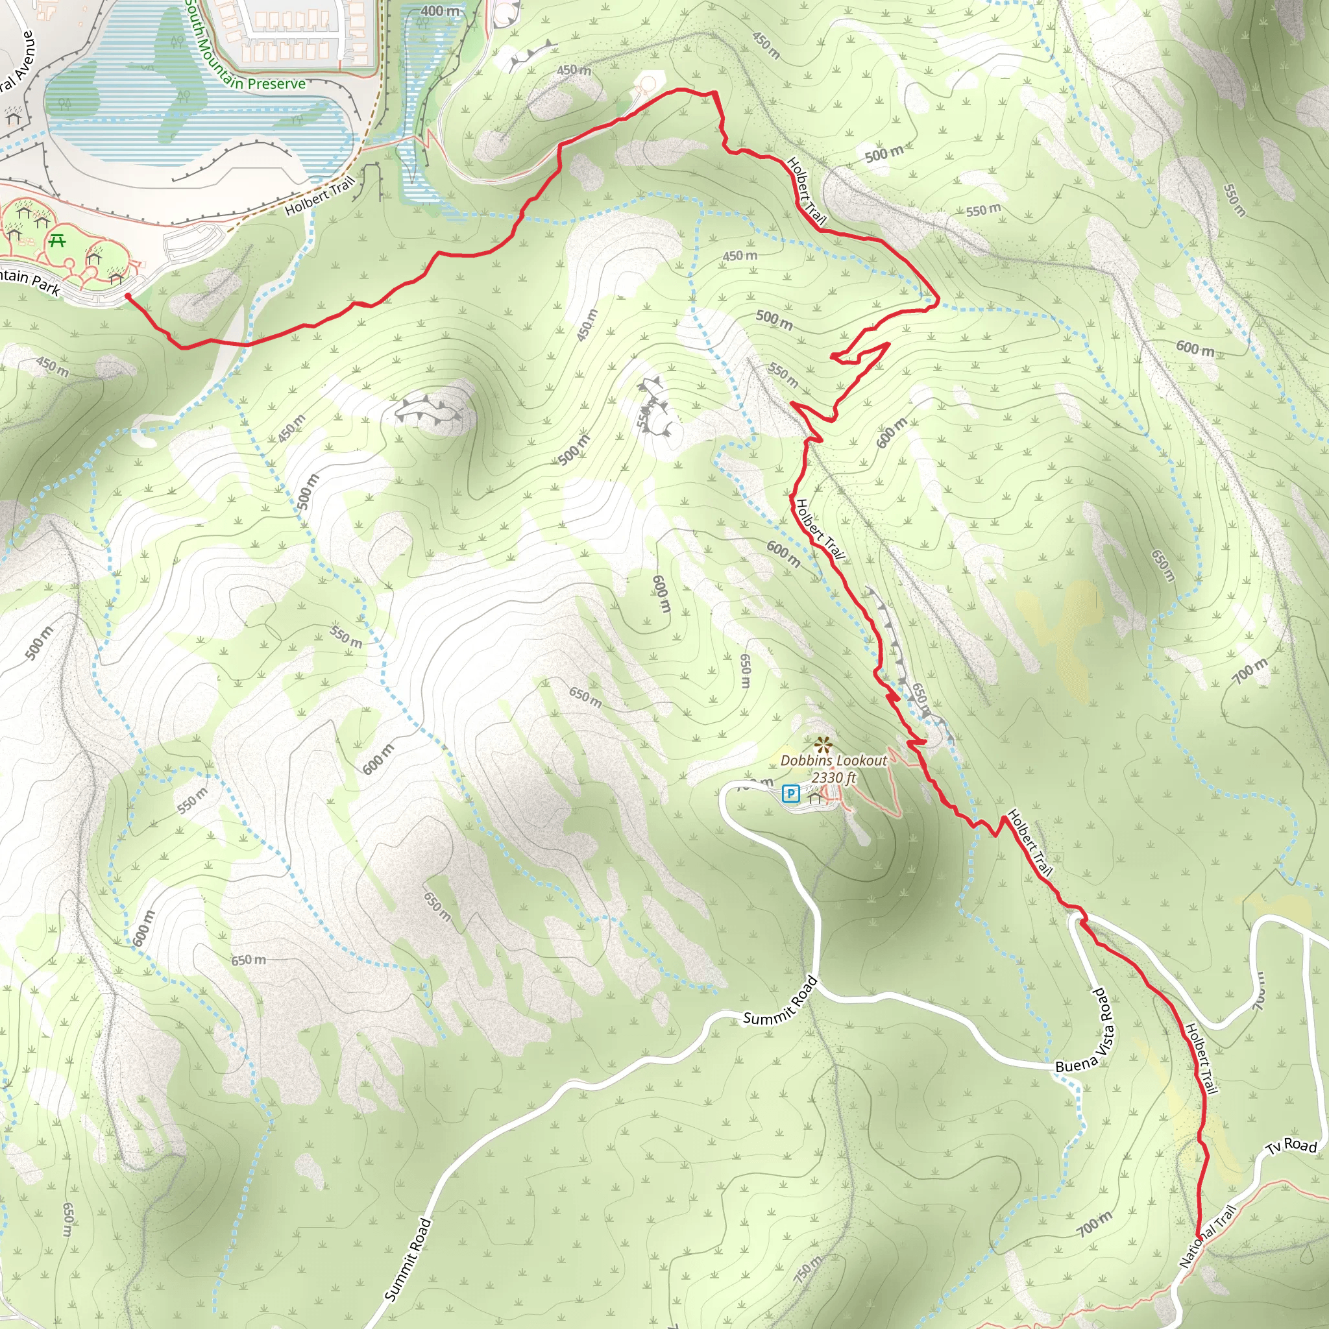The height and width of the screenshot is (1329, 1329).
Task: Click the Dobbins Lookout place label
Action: pyautogui.click(x=834, y=760)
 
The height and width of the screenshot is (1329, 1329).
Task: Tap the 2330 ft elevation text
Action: pyautogui.click(x=834, y=777)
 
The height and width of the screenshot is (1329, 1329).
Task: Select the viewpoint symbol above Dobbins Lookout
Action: pyautogui.click(x=822, y=744)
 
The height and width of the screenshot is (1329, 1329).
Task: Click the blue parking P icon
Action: pyautogui.click(x=791, y=794)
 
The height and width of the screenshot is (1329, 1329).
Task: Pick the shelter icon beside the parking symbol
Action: pyautogui.click(x=815, y=798)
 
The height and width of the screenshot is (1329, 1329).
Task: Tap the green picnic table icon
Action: pyautogui.click(x=58, y=241)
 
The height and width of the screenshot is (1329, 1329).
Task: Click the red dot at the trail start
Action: pyautogui.click(x=128, y=297)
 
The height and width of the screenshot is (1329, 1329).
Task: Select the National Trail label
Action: pyautogui.click(x=1207, y=1236)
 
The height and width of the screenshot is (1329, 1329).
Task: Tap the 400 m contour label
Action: pyautogui.click(x=439, y=11)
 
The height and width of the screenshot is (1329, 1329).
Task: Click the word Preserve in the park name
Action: pyautogui.click(x=276, y=84)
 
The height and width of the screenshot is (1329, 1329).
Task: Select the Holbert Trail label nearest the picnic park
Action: pyautogui.click(x=320, y=195)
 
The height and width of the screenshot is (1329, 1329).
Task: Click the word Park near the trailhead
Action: pyautogui.click(x=46, y=285)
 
